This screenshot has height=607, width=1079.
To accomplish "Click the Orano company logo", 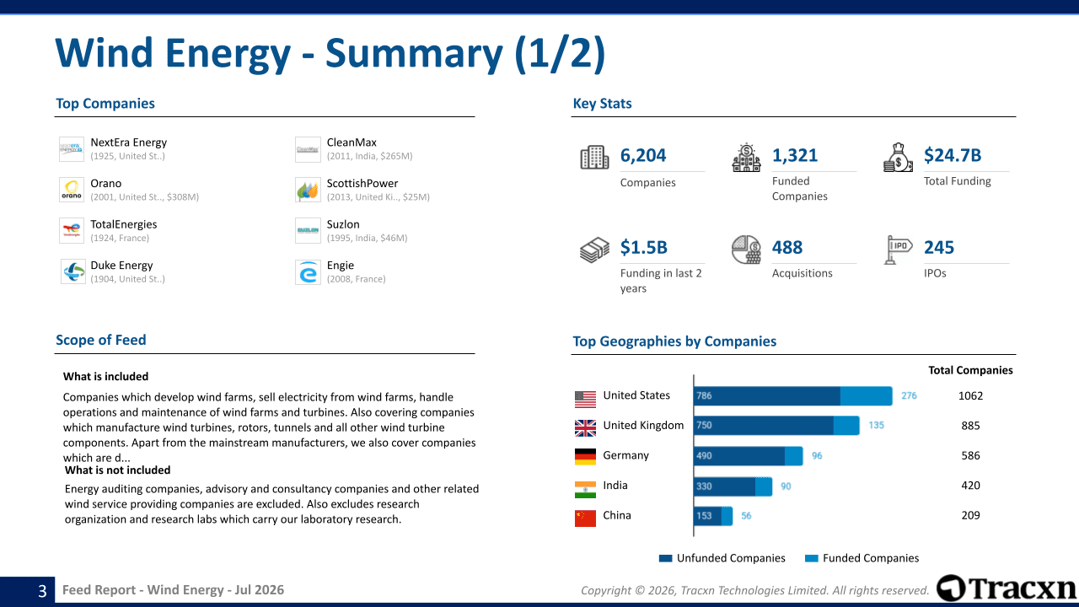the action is point(72,190).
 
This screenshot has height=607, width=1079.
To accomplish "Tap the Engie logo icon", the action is point(308,272).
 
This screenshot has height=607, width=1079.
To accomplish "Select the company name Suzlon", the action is point(343,224).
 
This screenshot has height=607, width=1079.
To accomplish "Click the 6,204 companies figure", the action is point(643,155).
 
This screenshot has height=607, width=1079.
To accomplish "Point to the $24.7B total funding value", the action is point(953,155).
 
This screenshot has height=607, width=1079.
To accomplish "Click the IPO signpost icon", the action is point(898,250).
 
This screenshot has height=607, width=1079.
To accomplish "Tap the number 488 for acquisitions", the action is point(787,248).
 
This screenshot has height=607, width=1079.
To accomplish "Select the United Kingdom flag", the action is point(585,427).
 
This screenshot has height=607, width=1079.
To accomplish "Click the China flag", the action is point(585,518).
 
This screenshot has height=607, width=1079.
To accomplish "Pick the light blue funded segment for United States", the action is point(866,396).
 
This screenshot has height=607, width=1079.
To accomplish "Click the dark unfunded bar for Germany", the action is point(739,456).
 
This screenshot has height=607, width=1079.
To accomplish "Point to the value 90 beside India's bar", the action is point(786,486).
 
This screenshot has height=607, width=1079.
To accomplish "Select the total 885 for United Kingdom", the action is point(970,426).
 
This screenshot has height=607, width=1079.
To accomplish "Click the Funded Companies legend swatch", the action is point(812,558).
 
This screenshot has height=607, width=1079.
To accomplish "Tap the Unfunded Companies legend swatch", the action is point(665,558).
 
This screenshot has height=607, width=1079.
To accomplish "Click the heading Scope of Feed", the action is point(100,340).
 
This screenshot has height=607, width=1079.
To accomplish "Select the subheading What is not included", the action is point(117,470).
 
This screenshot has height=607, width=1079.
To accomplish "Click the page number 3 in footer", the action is point(42,591).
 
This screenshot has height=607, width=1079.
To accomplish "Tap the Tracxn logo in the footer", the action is point(1007,588).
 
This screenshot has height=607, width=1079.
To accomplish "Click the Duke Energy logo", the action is point(72,271).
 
